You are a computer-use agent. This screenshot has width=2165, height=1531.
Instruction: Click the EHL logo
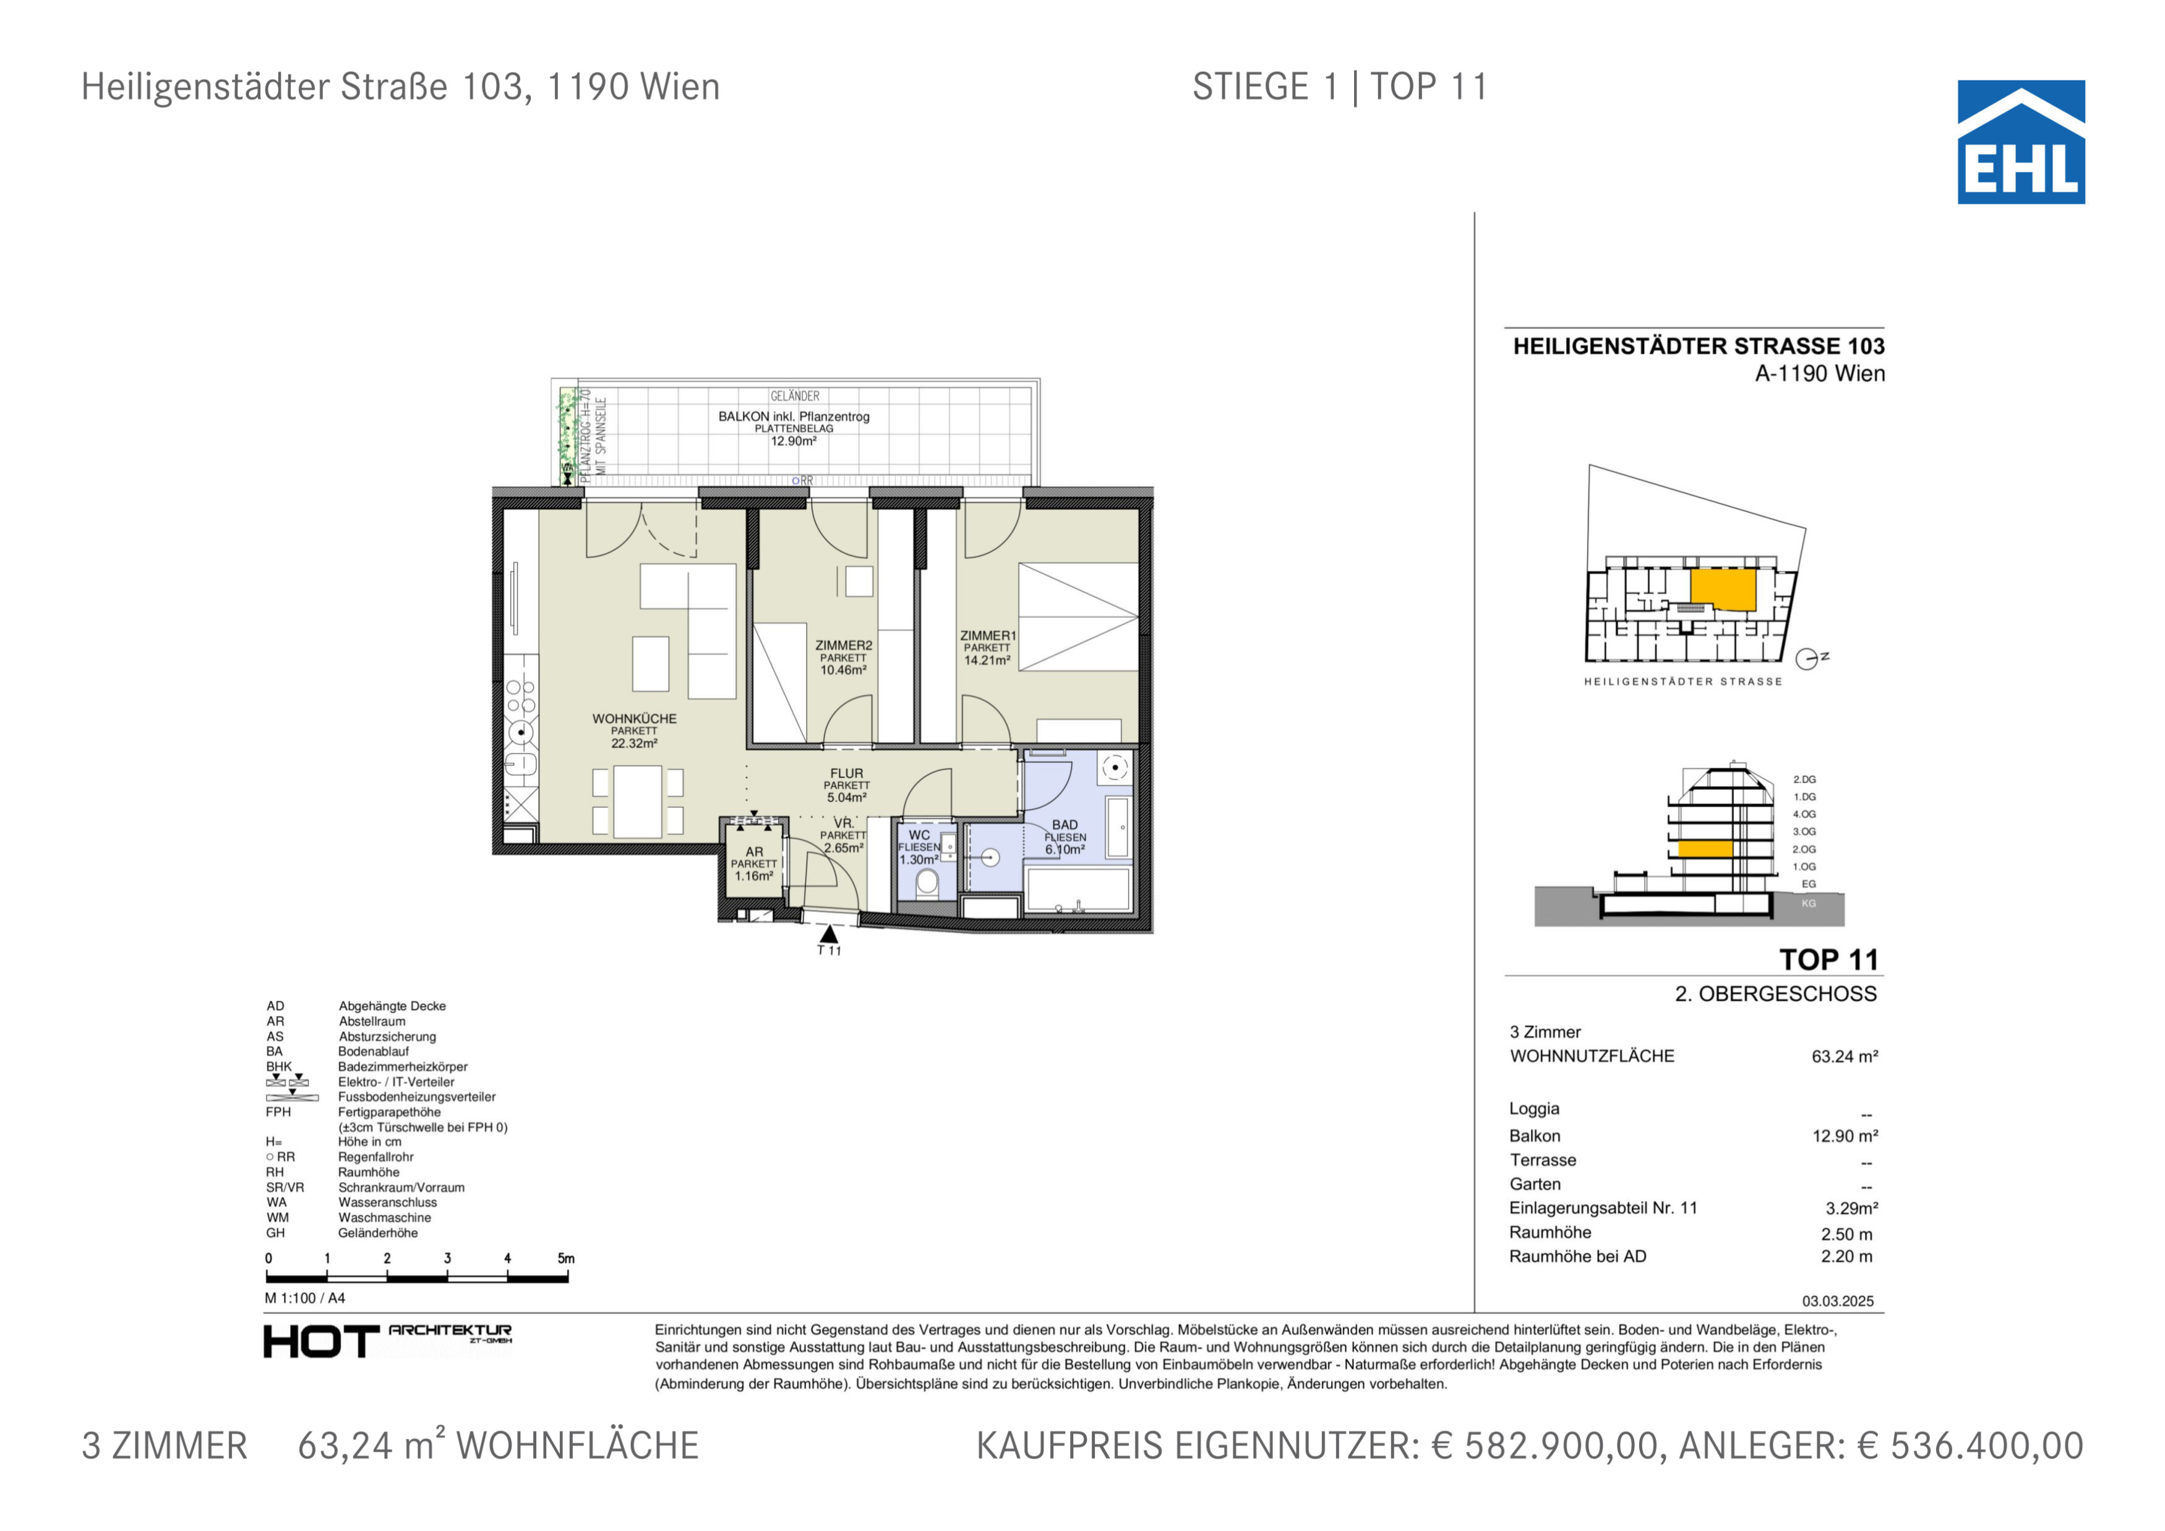tap(2021, 142)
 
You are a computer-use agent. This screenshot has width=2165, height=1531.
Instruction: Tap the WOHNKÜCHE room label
tap(635, 718)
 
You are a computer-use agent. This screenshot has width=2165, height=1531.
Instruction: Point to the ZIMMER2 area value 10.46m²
tap(843, 671)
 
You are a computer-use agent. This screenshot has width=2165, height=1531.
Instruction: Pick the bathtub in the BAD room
tap(1078, 889)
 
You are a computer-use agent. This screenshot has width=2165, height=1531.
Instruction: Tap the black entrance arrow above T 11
tap(829, 934)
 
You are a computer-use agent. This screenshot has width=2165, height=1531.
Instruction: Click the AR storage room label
tap(755, 851)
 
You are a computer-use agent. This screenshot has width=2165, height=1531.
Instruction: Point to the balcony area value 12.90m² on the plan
tap(794, 441)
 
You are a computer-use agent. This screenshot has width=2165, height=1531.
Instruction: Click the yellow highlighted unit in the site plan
tap(1723, 590)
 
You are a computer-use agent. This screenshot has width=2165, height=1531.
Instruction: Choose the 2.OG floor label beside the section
tap(1804, 849)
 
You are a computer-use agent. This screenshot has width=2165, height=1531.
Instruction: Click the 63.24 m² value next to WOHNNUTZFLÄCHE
tap(1845, 1057)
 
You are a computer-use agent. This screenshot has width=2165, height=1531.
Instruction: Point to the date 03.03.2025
tap(1838, 1301)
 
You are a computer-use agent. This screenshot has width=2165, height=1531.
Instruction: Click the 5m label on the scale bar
tap(566, 1259)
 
